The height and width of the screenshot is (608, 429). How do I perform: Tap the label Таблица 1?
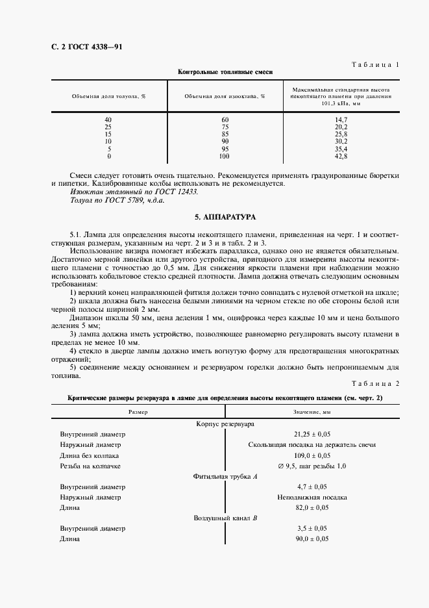[x=374, y=64]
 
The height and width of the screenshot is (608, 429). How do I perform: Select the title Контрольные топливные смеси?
[x=225, y=72]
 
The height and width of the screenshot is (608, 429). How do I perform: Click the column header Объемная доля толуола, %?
[x=108, y=95]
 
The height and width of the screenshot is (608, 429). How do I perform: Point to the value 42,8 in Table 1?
[x=341, y=157]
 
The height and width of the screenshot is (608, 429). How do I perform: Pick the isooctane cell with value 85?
[x=225, y=134]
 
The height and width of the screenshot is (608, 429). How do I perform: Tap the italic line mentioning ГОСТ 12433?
[x=133, y=192]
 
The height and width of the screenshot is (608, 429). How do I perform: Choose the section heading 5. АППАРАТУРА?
[x=225, y=216]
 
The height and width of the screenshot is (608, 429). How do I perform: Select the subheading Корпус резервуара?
[x=225, y=424]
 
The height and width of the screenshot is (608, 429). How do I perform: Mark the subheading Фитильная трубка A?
[x=225, y=476]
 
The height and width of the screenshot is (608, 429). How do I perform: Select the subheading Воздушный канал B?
[x=225, y=518]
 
